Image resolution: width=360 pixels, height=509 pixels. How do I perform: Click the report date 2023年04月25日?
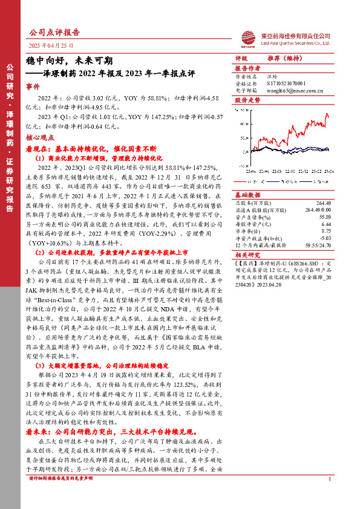click(51, 45)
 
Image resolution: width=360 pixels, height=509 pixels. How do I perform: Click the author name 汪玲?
click(272, 77)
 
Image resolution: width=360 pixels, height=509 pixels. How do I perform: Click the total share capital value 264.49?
click(324, 203)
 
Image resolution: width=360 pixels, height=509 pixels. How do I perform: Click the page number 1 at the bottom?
click(329, 496)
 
